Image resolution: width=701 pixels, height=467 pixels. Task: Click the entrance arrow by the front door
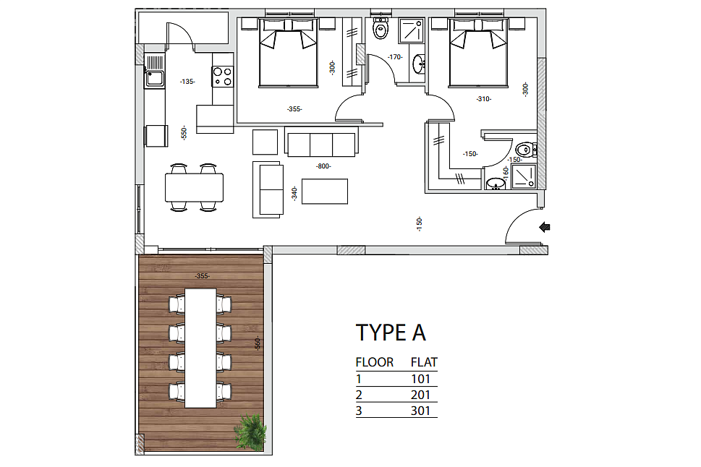click(545, 228)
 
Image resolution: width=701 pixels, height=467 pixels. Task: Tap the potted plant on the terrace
click(250, 431)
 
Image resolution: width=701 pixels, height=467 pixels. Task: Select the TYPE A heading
click(391, 333)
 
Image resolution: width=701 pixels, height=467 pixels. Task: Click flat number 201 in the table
click(420, 395)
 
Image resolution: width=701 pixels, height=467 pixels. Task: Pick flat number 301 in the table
click(420, 411)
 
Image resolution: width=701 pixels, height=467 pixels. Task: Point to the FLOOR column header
click(375, 362)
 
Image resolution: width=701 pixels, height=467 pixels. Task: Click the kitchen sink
click(154, 72)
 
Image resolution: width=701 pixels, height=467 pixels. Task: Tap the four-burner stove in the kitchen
click(222, 75)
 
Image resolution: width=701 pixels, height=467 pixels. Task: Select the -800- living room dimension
click(323, 166)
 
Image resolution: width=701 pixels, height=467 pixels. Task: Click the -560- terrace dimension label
click(257, 343)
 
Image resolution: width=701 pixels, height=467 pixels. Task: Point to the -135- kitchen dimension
click(187, 82)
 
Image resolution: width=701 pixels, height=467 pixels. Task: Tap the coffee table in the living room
click(325, 192)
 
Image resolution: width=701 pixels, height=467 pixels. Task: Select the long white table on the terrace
click(200, 348)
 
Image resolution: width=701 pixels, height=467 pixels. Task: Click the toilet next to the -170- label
click(381, 29)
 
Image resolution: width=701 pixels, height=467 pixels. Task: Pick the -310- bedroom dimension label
click(484, 99)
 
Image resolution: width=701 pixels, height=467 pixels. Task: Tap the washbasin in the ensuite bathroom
click(496, 184)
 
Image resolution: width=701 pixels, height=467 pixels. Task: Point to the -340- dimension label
click(294, 194)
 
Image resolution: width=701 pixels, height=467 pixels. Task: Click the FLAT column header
click(424, 362)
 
